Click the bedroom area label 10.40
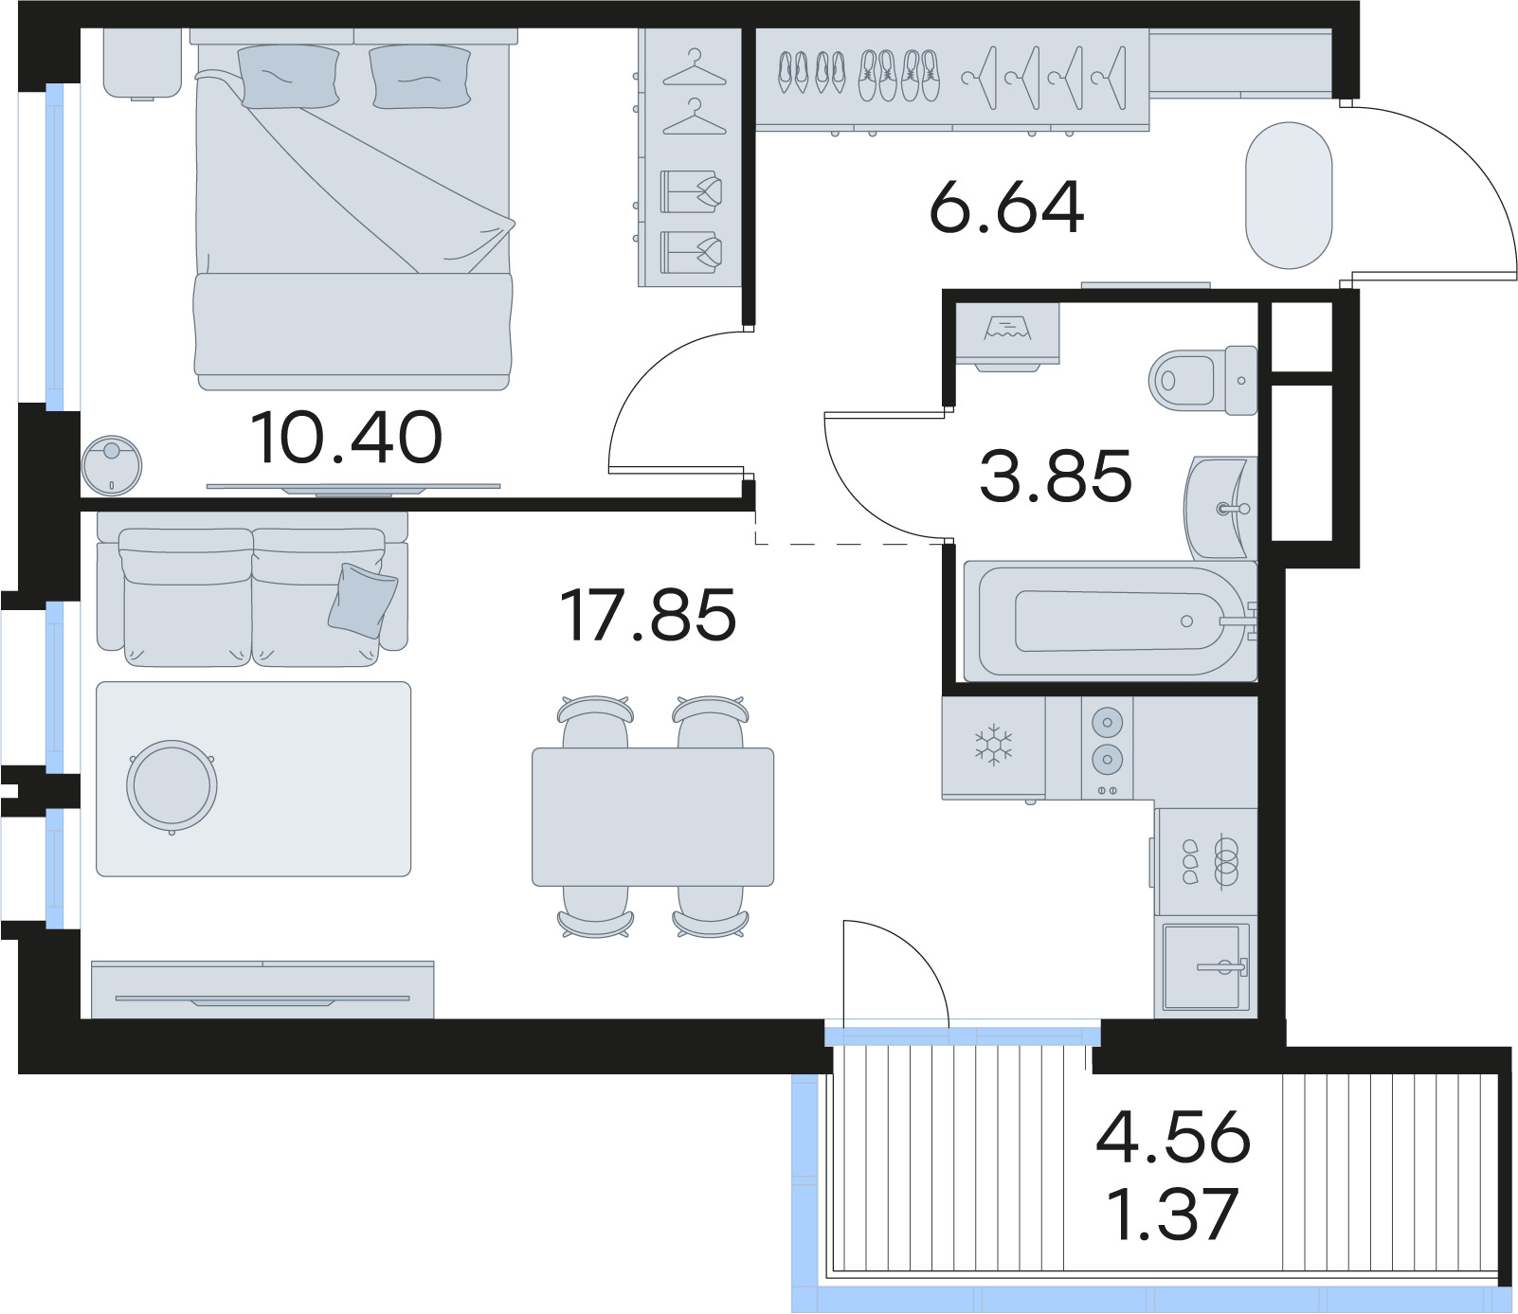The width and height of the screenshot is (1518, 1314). tap(347, 438)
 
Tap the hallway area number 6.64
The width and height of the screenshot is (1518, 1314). tap(1006, 207)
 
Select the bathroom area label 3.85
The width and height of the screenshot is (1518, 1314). tap(1056, 476)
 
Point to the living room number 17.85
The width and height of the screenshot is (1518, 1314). tap(648, 615)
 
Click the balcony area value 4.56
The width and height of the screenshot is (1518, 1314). tap(1173, 1137)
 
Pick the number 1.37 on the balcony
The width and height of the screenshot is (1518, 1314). tap(1173, 1214)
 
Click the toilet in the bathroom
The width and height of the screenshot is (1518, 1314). tap(1202, 380)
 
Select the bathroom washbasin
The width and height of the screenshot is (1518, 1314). tap(1220, 509)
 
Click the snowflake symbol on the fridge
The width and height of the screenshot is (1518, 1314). tap(994, 746)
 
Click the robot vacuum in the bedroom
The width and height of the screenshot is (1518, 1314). tap(112, 465)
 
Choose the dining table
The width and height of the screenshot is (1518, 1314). tap(653, 817)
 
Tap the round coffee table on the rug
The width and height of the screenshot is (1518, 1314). tap(172, 786)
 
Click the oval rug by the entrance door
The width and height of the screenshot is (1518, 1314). tap(1289, 195)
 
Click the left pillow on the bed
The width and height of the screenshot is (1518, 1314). tap(288, 76)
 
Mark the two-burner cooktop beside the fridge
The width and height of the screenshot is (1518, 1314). tap(1107, 747)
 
